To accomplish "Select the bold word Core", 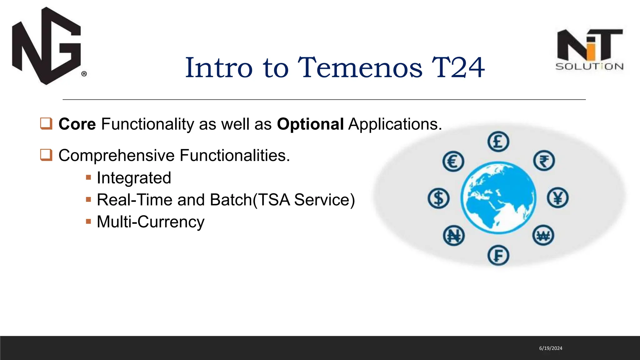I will [77, 124].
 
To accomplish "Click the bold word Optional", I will [310, 124].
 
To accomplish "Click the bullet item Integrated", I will [134, 178].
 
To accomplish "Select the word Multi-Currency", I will [150, 222].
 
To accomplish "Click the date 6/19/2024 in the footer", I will [551, 348].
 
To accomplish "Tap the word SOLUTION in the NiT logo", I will [589, 67].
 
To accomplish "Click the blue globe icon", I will [498, 197].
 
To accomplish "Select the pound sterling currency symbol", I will [498, 142].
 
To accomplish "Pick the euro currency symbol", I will [453, 161].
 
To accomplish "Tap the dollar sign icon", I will [438, 198].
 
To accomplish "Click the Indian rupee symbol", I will [544, 161].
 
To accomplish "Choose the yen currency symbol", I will [558, 198].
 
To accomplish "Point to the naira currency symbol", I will [454, 235].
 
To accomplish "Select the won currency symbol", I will [543, 235].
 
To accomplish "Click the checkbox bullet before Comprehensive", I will [46, 155].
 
